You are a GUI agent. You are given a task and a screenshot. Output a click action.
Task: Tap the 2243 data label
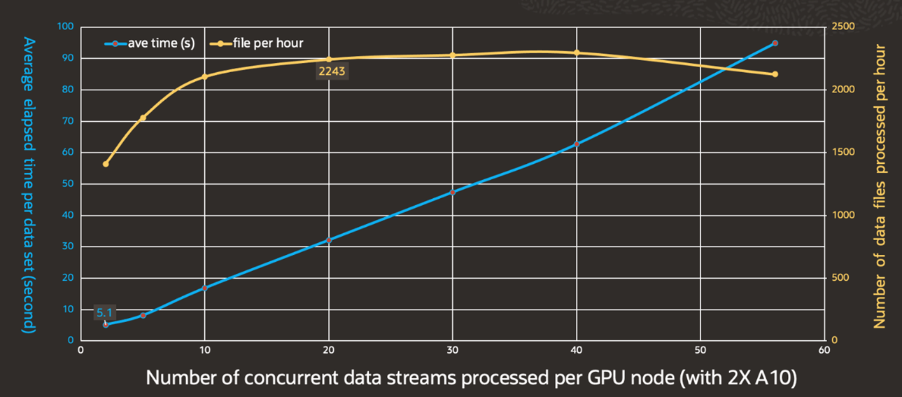point(332,71)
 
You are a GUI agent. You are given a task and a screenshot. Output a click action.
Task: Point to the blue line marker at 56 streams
point(775,43)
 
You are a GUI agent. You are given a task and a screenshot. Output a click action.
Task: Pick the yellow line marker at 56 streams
point(775,74)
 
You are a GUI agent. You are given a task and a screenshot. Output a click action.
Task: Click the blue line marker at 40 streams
point(577,144)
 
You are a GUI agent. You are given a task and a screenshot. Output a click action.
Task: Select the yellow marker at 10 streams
point(205,76)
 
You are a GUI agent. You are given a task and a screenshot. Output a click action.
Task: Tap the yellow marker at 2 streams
point(106,164)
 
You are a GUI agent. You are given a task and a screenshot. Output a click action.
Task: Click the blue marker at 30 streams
point(453,192)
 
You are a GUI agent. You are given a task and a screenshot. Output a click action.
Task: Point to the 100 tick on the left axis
point(66,27)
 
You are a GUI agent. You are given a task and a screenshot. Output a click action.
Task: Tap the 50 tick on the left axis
point(69,183)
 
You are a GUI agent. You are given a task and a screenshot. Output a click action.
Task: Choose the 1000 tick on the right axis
point(843,215)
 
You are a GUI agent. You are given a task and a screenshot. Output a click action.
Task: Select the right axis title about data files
point(880,186)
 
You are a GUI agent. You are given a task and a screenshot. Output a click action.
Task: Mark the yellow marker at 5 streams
point(143,118)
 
